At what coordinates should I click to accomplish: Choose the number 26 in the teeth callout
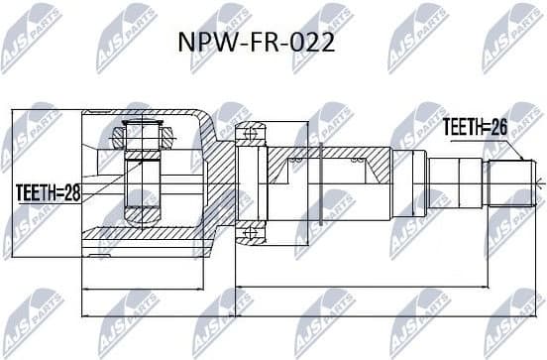pyautogui.click(x=498, y=126)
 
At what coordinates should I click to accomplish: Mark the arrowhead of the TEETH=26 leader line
pyautogui.click(x=521, y=159)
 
